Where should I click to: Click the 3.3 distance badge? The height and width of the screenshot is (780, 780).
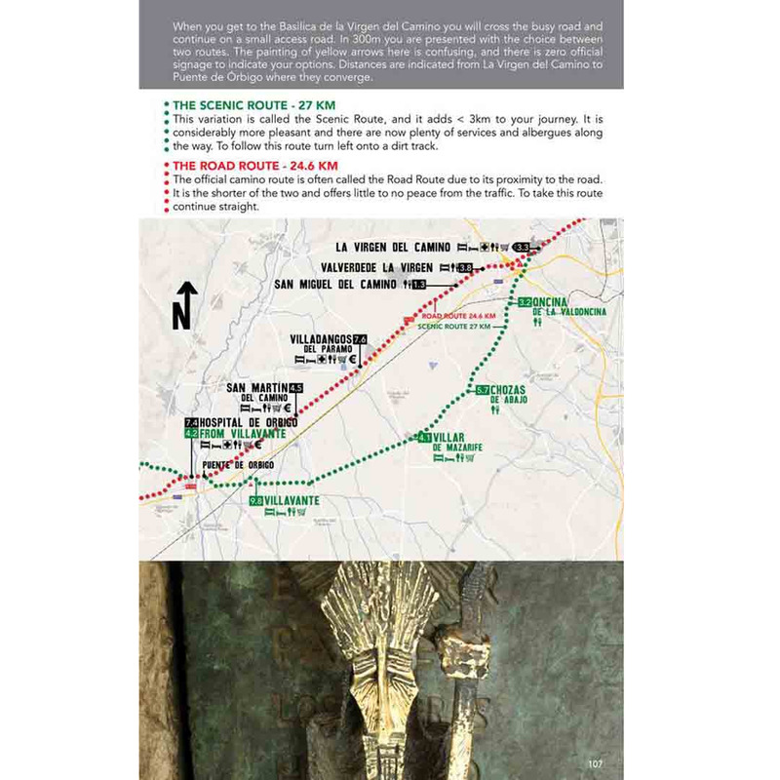point(524,248)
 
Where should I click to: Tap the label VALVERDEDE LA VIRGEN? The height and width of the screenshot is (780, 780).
point(377,267)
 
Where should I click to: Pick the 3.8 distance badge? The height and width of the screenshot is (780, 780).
point(465,267)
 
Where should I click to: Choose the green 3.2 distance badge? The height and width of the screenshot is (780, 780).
point(525,302)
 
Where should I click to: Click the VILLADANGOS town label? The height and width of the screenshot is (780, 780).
point(321,339)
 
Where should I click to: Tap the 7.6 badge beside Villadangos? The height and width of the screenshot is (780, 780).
point(360,339)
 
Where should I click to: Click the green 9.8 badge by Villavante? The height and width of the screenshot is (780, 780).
point(256,500)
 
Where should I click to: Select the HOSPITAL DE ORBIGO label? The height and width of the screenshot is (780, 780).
point(241,422)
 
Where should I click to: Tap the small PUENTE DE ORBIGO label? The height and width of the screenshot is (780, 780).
point(238,465)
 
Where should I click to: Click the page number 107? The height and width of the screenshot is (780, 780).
point(600,761)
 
